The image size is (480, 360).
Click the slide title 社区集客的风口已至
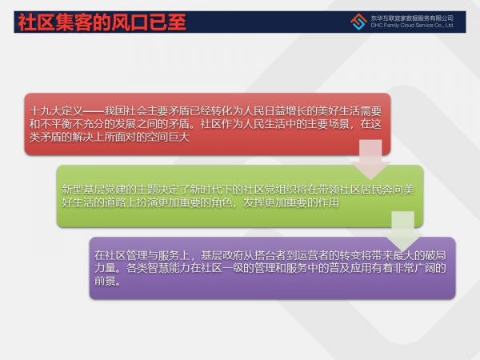[x=102, y=22]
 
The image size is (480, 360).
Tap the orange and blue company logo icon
[x=358, y=22]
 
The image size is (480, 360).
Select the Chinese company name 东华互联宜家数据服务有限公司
[x=412, y=18]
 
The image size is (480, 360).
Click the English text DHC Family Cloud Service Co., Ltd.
[x=412, y=26]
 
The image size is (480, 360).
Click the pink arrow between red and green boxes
[x=370, y=159]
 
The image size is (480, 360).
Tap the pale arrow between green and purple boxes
[x=403, y=231]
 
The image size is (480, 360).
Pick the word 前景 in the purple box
[x=105, y=281]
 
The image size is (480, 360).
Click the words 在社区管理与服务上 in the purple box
[x=142, y=255]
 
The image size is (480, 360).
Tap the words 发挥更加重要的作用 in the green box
[x=291, y=202]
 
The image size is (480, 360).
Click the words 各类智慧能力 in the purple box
[x=158, y=268]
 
